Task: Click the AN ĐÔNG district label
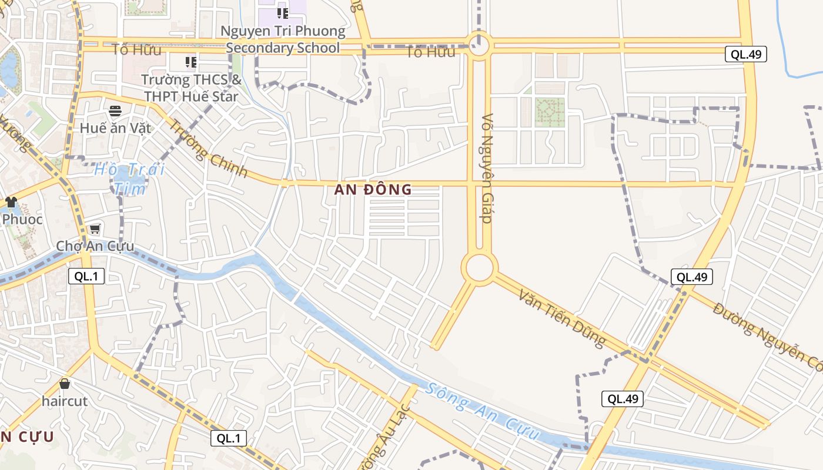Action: pos(373,190)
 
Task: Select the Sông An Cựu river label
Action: pos(483,412)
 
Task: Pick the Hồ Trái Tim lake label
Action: pos(130,179)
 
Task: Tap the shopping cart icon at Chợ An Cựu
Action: pos(95,229)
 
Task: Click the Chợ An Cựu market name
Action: pos(95,246)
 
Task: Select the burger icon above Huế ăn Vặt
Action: pos(115,111)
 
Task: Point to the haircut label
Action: pos(65,401)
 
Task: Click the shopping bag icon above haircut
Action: pos(65,384)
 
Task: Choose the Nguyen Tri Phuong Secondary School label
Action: pos(283,39)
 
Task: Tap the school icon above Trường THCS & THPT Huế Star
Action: pos(190,62)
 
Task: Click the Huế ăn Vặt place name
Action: pos(116,128)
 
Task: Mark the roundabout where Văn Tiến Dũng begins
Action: pos(480,268)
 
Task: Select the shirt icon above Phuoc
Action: pos(11,202)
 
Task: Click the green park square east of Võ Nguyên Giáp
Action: pos(550,112)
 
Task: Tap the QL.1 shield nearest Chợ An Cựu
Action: pos(86,276)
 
